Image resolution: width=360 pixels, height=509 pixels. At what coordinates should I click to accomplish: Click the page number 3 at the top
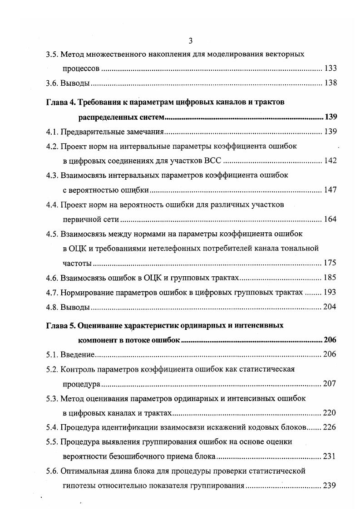(x=191, y=41)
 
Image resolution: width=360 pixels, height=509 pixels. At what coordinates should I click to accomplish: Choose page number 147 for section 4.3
(x=330, y=190)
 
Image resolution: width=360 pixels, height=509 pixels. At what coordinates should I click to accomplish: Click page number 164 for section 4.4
(x=330, y=219)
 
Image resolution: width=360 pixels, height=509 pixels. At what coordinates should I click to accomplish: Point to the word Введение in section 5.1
(x=77, y=354)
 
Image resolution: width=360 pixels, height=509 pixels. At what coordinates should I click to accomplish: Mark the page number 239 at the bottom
(x=330, y=485)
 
